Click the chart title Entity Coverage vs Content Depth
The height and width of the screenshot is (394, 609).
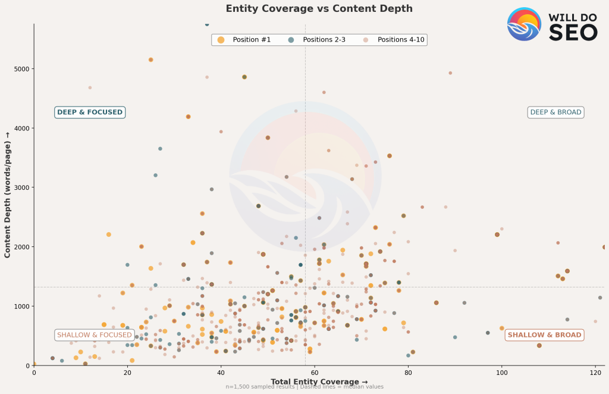point(319,8)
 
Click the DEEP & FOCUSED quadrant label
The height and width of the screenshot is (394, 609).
point(90,112)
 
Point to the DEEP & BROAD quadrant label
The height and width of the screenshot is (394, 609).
point(555,112)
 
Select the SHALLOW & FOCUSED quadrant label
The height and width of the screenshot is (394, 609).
point(95,335)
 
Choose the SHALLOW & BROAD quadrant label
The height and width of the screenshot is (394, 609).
point(544,335)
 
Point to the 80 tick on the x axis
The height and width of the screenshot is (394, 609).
point(408,372)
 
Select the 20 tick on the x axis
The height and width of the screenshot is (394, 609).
point(127,372)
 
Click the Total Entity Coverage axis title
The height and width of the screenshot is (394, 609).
point(319,381)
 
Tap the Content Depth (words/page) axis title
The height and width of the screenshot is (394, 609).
point(8,195)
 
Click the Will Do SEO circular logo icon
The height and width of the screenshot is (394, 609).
point(524,24)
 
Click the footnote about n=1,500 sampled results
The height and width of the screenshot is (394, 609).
point(304,387)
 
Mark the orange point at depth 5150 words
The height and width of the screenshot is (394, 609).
point(150,60)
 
